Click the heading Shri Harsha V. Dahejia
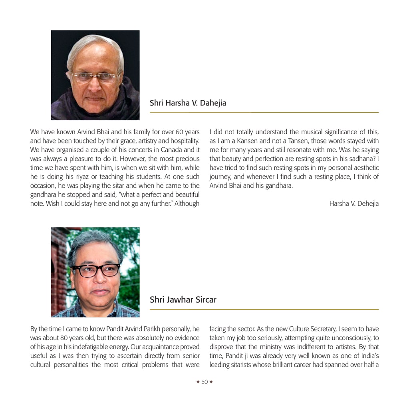(x=188, y=103)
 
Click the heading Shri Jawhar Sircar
(x=183, y=300)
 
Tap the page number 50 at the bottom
(x=204, y=382)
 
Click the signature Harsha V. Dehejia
(x=354, y=204)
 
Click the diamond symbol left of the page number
(x=198, y=382)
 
